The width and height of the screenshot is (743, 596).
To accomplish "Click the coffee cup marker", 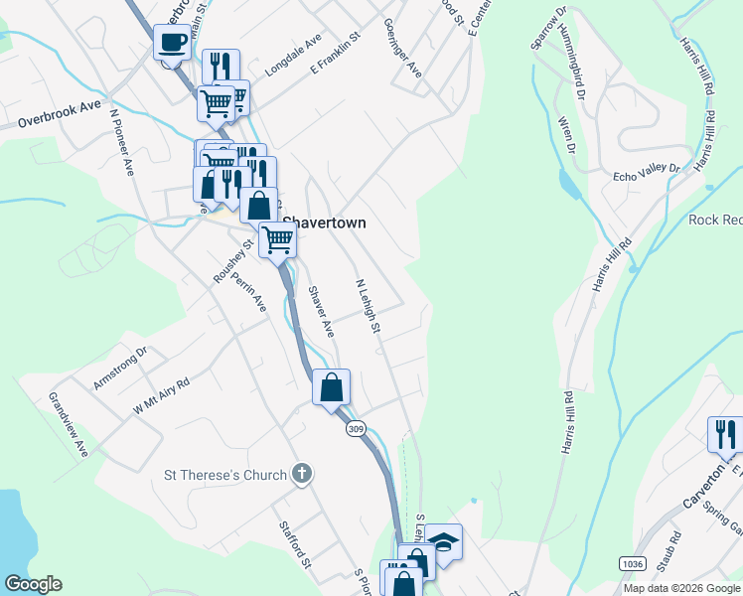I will (172, 44).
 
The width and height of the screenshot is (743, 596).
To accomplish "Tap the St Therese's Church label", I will (224, 475).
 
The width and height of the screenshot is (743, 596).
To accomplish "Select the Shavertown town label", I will (325, 223).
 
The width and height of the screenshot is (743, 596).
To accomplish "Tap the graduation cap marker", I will (444, 542).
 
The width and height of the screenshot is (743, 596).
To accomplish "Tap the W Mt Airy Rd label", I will (161, 394).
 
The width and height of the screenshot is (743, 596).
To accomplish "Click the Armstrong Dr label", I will (120, 367).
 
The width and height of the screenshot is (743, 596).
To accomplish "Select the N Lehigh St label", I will (369, 305).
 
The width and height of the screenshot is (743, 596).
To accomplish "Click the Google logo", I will (33, 584).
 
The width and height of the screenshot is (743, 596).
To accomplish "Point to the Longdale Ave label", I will (294, 60).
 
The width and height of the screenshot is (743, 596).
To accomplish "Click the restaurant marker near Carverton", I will (725, 434).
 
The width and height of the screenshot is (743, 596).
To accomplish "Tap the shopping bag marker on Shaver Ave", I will (332, 387).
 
